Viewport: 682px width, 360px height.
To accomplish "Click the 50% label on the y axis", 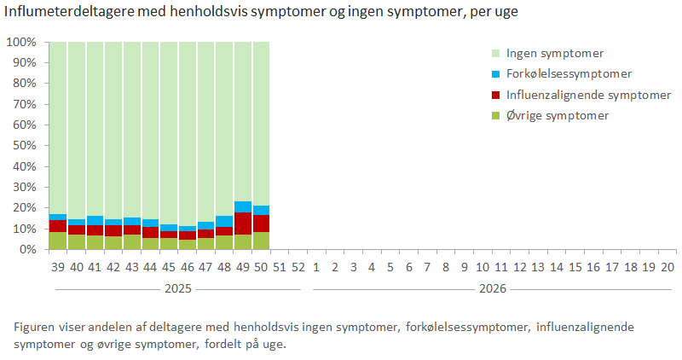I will pos(24,146).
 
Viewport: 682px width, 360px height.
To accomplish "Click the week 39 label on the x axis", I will pos(57,267).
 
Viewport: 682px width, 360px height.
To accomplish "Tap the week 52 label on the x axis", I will pos(298,267).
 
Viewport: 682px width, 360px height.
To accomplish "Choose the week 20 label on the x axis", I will pos(668,267).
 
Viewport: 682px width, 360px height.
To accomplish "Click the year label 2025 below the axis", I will pos(177,289).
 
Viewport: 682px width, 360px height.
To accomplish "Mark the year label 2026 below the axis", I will pos(492,289).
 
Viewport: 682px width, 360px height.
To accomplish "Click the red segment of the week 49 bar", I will pos(242,224).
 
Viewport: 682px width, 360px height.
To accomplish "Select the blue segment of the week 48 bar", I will pos(223,221).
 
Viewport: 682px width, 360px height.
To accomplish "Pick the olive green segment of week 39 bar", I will pos(57,241).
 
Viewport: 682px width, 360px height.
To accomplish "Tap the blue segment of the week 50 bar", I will pos(261,210).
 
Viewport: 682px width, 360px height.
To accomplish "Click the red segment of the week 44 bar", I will pos(150,232).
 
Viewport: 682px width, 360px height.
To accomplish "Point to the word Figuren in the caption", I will pos(35,328).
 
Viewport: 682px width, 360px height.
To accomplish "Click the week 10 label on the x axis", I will pos(483,267).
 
